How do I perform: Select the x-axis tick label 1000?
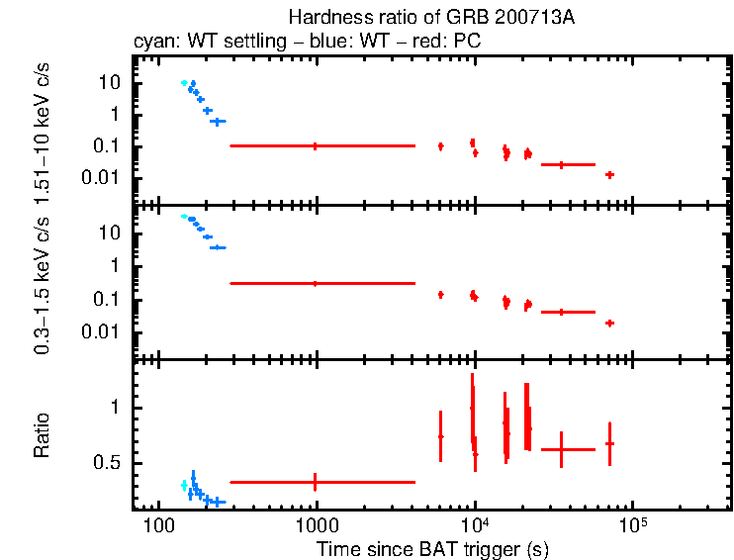316,525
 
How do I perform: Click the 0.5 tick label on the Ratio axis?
107,463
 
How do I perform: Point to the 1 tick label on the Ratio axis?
115,408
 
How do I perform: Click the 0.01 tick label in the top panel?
103,178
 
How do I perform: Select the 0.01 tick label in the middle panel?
103,332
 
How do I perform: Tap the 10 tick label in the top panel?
110,83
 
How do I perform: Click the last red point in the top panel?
610,175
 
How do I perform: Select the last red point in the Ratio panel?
610,443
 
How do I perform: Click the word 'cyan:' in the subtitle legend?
153,44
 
